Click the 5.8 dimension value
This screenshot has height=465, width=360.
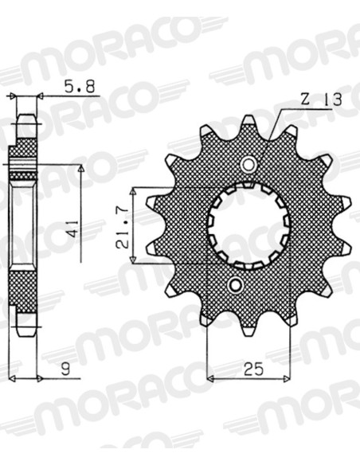pyautogui.click(x=80, y=88)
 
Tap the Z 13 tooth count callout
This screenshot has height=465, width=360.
pyautogui.click(x=322, y=100)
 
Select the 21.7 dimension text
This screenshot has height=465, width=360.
pyautogui.click(x=122, y=227)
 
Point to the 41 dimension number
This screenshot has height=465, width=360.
pyautogui.click(x=73, y=229)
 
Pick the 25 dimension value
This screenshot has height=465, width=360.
pyautogui.click(x=253, y=369)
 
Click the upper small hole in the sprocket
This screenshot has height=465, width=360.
pyautogui.click(x=248, y=164)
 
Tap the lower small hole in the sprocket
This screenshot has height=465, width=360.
pyautogui.click(x=236, y=285)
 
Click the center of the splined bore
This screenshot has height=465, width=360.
pyautogui.click(x=248, y=225)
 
